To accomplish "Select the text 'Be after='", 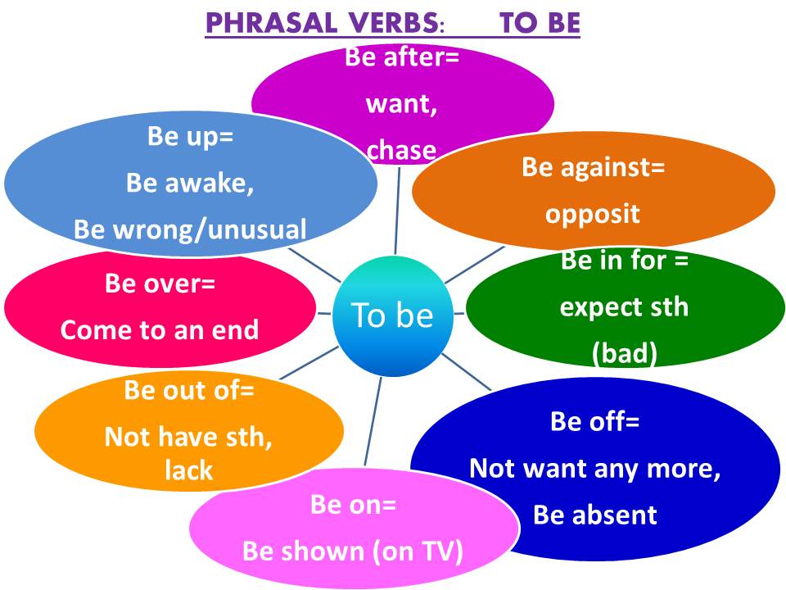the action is pos(402,58).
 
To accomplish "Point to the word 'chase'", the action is pos(401,149).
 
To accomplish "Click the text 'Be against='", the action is pos(593,168).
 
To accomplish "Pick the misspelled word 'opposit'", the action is pos(592,214).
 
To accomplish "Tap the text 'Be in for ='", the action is pos(624,262).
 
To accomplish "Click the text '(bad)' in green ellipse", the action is pos(624,354).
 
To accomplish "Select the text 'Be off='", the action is pos(594,422).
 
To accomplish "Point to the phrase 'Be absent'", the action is pos(594,515).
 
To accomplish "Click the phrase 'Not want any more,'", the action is pos(594,469).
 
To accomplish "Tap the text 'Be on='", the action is pos(353,505).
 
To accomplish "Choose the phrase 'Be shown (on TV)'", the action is pos(353,551).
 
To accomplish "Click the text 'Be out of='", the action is pos(189,391).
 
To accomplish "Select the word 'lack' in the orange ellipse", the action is pos(189,470).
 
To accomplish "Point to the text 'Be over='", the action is pos(160,284).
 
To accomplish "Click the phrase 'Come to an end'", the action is pos(160,329).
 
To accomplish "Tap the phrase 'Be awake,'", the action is pos(190,183).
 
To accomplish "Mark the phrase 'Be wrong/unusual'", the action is pos(190,229).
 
